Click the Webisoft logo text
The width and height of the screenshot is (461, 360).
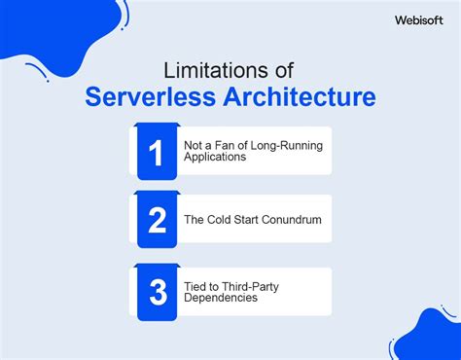[420, 18]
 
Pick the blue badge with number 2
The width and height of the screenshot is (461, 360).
[158, 220]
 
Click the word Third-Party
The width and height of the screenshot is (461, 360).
[247, 286]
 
